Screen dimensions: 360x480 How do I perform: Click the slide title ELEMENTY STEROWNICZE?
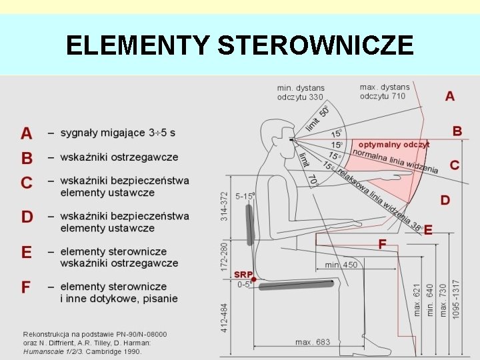pos(240,45)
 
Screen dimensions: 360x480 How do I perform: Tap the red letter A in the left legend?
pos(26,133)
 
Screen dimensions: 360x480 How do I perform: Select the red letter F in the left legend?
pos(26,287)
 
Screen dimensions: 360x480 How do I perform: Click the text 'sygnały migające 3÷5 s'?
pos(118,133)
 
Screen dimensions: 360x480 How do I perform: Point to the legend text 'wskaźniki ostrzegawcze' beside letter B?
pos(119,157)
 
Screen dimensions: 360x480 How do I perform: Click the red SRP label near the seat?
pos(243,274)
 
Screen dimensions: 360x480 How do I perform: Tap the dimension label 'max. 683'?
pos(313,342)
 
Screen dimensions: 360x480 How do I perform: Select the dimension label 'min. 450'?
pos(341,265)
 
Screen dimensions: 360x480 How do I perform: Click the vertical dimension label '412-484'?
pos(225,318)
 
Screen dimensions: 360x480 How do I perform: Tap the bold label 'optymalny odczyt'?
pos(394,144)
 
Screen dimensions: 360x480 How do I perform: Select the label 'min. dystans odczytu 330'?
pos(300,93)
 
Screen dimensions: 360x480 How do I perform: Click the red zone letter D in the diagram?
pos(445,199)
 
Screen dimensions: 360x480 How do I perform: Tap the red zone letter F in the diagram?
pos(382,245)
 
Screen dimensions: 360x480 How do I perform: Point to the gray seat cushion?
pos(297,285)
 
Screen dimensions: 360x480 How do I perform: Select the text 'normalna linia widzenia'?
pos(395,160)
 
